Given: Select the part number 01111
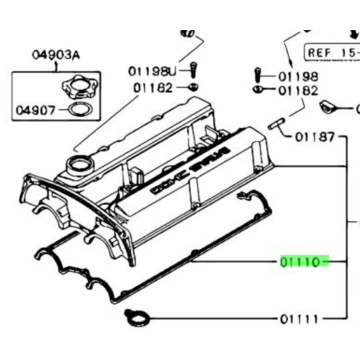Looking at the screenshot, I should pos(299,319).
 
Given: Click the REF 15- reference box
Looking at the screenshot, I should pos(332,51).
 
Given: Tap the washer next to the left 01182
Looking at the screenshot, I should pos(192,87).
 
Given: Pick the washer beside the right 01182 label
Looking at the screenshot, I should pos(257,89).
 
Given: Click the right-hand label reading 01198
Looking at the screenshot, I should pos(298,76).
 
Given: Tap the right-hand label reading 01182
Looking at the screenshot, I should pos(298,90).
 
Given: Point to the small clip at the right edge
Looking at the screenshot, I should pos(330,106).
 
